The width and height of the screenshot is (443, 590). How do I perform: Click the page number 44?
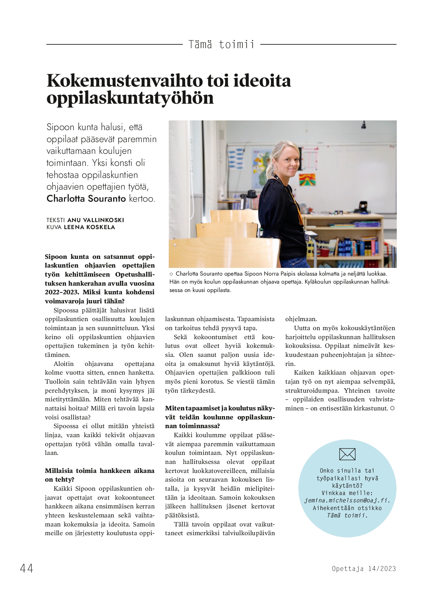(26, 568)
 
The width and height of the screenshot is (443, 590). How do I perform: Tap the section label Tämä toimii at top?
(221, 44)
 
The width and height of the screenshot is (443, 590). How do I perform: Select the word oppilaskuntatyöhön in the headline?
(130, 98)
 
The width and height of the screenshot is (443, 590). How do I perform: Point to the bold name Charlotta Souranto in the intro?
(86, 199)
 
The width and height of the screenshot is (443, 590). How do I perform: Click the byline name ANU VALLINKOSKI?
(95, 220)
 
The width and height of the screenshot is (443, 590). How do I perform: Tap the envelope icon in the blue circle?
(347, 454)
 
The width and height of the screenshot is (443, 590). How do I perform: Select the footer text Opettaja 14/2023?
(364, 569)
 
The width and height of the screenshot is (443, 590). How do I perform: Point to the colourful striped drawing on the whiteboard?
(307, 180)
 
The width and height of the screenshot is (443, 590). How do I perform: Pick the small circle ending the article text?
(392, 408)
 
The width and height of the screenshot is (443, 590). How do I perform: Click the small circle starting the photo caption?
(171, 274)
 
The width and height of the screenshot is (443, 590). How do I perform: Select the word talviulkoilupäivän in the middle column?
(248, 533)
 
